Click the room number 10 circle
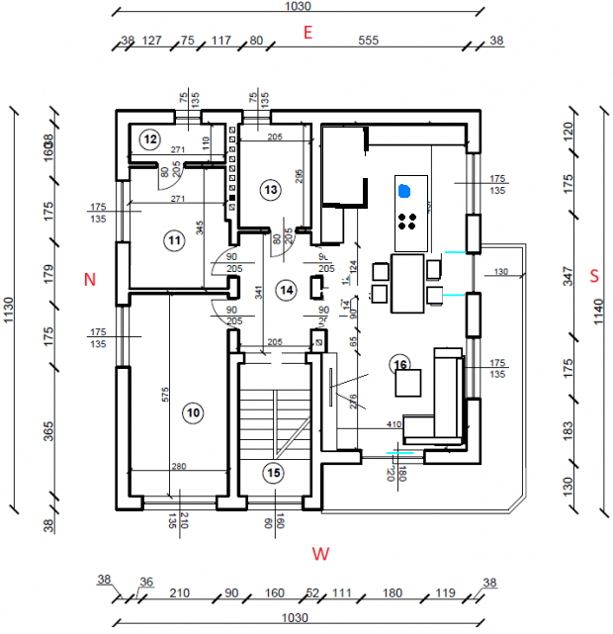click(x=192, y=411)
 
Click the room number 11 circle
click(x=174, y=238)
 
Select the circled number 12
click(x=149, y=139)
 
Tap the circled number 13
click(x=271, y=188)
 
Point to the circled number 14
click(x=286, y=290)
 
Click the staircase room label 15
click(x=274, y=474)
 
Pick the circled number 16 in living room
click(x=399, y=364)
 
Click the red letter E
click(x=307, y=33)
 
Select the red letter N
click(x=89, y=280)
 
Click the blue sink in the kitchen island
click(x=403, y=189)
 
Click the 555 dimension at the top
click(x=369, y=41)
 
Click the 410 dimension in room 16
click(x=394, y=424)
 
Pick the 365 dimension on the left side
click(x=47, y=433)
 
